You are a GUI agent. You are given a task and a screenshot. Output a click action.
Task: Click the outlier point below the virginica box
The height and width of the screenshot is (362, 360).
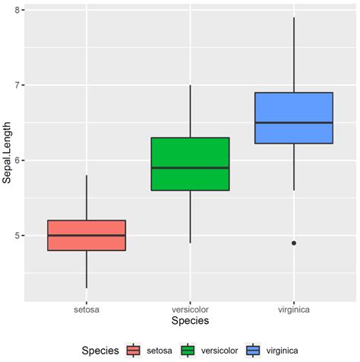click(x=294, y=243)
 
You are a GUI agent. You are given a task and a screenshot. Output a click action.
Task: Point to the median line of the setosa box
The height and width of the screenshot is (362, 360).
click(x=87, y=236)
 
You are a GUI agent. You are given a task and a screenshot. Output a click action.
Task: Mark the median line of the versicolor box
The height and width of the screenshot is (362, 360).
click(x=190, y=168)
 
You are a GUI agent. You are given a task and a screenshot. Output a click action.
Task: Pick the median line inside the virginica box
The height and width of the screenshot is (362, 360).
click(x=294, y=122)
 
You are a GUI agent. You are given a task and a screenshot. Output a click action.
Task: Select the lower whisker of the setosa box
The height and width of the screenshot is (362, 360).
click(x=87, y=269)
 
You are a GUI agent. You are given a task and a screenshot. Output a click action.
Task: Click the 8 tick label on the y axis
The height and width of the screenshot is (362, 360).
click(x=17, y=10)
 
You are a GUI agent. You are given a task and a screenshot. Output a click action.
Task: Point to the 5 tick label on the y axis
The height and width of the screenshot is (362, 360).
click(x=17, y=236)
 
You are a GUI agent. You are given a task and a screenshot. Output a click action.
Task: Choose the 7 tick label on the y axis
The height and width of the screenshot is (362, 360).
click(x=17, y=85)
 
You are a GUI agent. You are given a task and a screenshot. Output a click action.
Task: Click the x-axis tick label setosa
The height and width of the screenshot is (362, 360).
click(x=87, y=310)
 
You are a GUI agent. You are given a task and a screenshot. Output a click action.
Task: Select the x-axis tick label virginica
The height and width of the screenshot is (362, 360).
click(x=294, y=310)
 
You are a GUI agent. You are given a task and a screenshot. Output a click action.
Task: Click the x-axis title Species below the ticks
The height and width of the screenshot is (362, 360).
click(x=190, y=322)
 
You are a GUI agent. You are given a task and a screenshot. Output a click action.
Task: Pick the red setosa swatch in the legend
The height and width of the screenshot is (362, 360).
click(x=134, y=351)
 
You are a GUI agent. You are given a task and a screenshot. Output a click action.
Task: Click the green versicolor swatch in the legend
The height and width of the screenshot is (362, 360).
click(x=189, y=351)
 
